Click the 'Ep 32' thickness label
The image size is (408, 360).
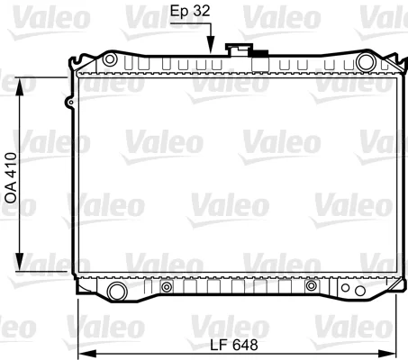click(x=190, y=11)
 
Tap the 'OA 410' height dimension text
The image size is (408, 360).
click(x=12, y=178)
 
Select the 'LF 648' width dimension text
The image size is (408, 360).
click(x=234, y=345)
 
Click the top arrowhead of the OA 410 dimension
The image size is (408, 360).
click(x=20, y=86)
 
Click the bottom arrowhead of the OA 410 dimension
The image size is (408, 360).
click(x=20, y=262)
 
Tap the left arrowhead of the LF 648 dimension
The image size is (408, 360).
click(x=87, y=354)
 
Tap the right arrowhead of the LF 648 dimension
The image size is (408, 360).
click(x=387, y=354)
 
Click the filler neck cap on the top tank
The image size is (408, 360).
click(x=239, y=49)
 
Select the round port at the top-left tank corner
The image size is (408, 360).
click(x=110, y=59)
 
